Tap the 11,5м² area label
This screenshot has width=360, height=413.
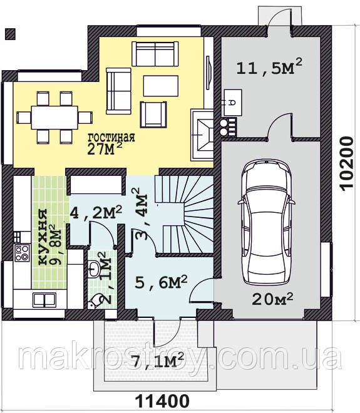pyautogui.click(x=269, y=66)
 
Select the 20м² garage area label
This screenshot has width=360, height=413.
pyautogui.click(x=272, y=298)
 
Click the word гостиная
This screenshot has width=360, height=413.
pyautogui.click(x=111, y=137)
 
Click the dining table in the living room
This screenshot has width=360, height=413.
pyautogui.click(x=54, y=118)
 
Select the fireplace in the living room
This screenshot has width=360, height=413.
pyautogui.click(x=202, y=135)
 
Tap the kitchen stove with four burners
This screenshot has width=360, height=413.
pyautogui.click(x=22, y=253)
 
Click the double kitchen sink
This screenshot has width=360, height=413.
pyautogui.click(x=44, y=300)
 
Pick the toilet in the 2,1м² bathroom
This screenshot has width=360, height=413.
pyautogui.click(x=95, y=301)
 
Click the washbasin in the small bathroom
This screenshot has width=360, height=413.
pyautogui.click(x=93, y=268)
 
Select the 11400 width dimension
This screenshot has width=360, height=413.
pyautogui.click(x=162, y=401)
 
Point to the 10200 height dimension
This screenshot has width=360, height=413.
pyautogui.click(x=346, y=163)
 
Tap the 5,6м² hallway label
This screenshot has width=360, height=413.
pyautogui.click(x=161, y=283)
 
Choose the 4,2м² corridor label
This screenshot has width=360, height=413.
pyautogui.click(x=96, y=213)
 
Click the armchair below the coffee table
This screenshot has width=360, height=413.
pyautogui.click(x=153, y=115)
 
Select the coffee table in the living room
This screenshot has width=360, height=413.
pyautogui.click(x=161, y=86)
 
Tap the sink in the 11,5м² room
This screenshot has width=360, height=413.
pyautogui.click(x=233, y=103)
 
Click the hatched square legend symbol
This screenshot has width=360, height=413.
pyautogui.click(x=10, y=34)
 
